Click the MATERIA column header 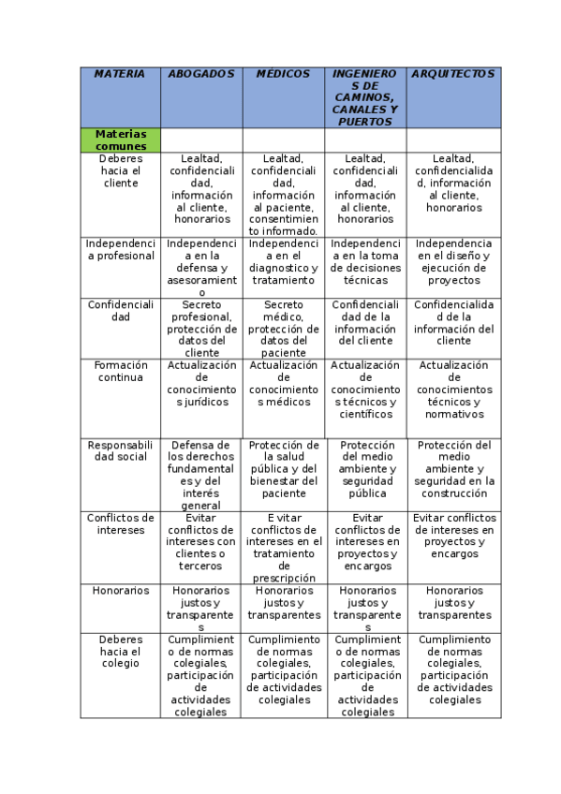(121, 74)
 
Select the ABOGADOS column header (201, 74)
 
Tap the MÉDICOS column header (283, 74)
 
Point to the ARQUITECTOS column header (453, 74)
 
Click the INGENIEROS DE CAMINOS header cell (365, 97)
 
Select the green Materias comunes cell (121, 140)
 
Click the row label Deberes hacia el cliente (121, 170)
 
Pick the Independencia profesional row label (121, 249)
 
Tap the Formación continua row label (121, 372)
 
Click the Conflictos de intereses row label (121, 523)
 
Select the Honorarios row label (121, 591)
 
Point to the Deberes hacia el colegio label (121, 651)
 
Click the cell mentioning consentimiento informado (283, 195)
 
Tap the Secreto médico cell (283, 329)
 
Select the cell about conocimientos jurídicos (201, 384)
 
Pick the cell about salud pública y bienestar (283, 469)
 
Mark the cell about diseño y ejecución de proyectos (453, 261)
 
